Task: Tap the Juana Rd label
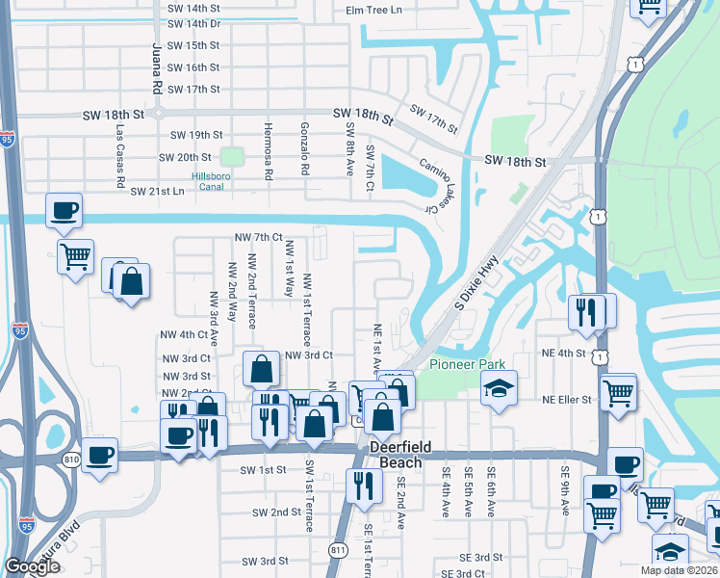[157, 67]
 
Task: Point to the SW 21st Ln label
[157, 192]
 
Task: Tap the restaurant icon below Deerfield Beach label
[363, 486]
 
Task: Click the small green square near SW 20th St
[231, 156]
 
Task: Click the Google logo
[32, 567]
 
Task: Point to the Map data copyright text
[680, 570]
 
